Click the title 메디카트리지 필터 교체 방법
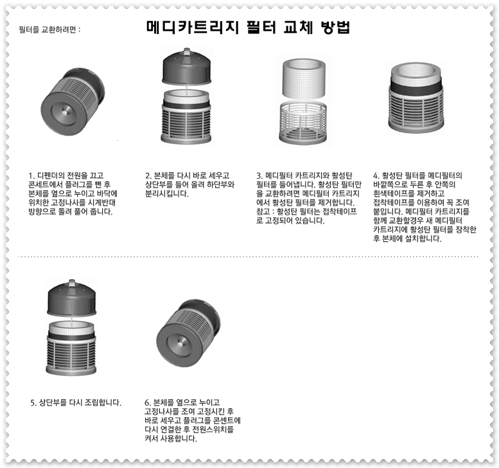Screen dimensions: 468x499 coord(247,28)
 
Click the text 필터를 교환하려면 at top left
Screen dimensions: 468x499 coord(49,30)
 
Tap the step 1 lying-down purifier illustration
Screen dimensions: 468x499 coord(71,103)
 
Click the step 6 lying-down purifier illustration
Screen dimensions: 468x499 coord(188,334)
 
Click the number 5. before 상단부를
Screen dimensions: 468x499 coord(34,402)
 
